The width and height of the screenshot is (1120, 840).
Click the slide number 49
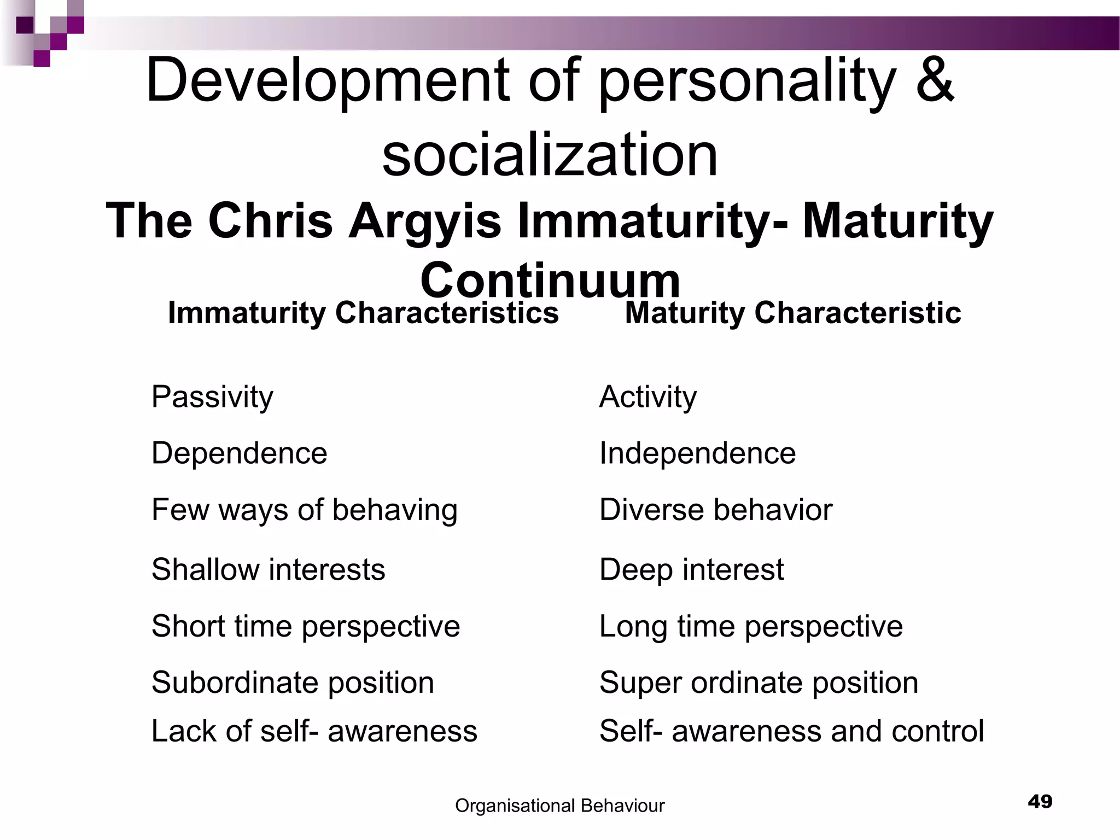click(1040, 802)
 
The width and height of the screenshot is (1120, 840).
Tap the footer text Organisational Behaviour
click(559, 806)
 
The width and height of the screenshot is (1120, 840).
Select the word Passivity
click(212, 396)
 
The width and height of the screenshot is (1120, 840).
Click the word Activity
click(648, 396)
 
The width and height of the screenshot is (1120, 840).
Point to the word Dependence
click(239, 453)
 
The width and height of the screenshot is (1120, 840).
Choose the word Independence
click(697, 453)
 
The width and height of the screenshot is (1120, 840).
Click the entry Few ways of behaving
click(304, 510)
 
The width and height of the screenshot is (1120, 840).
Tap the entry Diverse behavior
click(715, 510)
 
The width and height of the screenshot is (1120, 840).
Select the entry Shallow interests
click(268, 569)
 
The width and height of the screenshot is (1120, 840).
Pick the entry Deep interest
click(691, 569)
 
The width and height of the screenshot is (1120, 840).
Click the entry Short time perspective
click(306, 626)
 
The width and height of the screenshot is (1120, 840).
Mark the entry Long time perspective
click(751, 626)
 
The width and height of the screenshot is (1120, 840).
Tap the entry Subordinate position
click(293, 682)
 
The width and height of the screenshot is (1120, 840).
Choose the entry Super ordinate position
click(759, 682)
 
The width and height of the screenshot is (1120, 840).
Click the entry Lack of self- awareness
click(314, 731)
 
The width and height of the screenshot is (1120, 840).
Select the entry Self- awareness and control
click(791, 731)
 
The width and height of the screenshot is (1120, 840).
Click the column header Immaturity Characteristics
click(363, 313)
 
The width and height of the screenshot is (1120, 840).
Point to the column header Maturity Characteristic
click(792, 313)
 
